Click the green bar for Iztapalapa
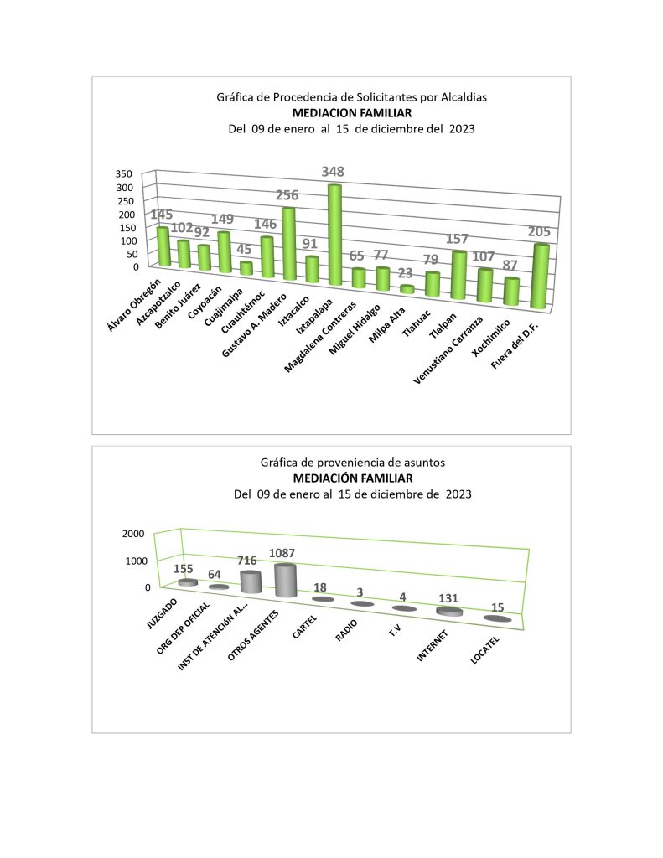(x=334, y=236)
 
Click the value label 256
(x=287, y=195)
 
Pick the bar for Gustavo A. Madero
(x=287, y=244)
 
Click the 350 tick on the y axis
(x=125, y=174)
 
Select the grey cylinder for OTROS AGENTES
(x=286, y=581)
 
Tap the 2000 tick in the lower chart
(x=133, y=534)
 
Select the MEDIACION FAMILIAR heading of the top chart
(x=351, y=113)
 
